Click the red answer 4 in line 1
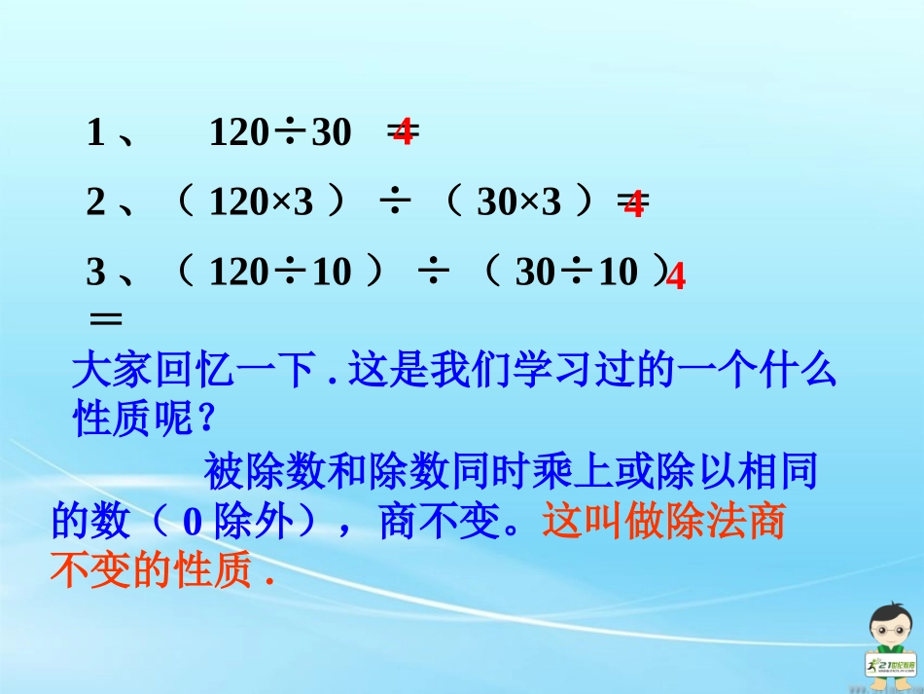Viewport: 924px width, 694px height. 403,132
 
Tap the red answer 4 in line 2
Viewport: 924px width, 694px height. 633,204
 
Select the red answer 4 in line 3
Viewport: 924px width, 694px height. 676,278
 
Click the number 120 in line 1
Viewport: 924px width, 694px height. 236,132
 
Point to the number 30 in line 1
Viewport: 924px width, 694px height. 331,132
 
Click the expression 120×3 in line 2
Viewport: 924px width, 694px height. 262,202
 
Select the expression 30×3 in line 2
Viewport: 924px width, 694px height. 519,202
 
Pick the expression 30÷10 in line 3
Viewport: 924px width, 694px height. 576,273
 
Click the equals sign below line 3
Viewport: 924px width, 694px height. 105,318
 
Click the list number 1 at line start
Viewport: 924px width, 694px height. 95,132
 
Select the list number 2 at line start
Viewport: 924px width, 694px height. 95,202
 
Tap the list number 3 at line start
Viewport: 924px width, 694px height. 95,273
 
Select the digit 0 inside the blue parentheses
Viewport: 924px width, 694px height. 193,525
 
